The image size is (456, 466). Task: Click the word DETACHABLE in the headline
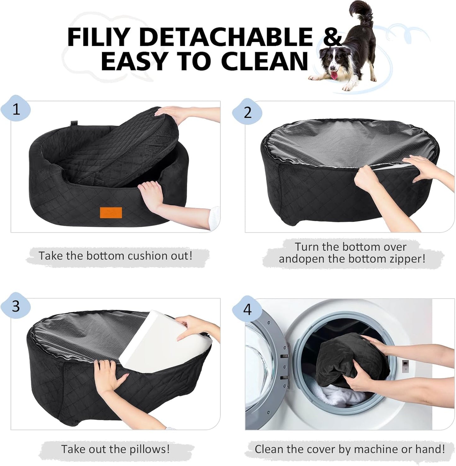point(225,37)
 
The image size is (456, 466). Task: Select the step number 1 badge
point(16,110)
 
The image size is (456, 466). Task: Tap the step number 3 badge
point(16,306)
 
